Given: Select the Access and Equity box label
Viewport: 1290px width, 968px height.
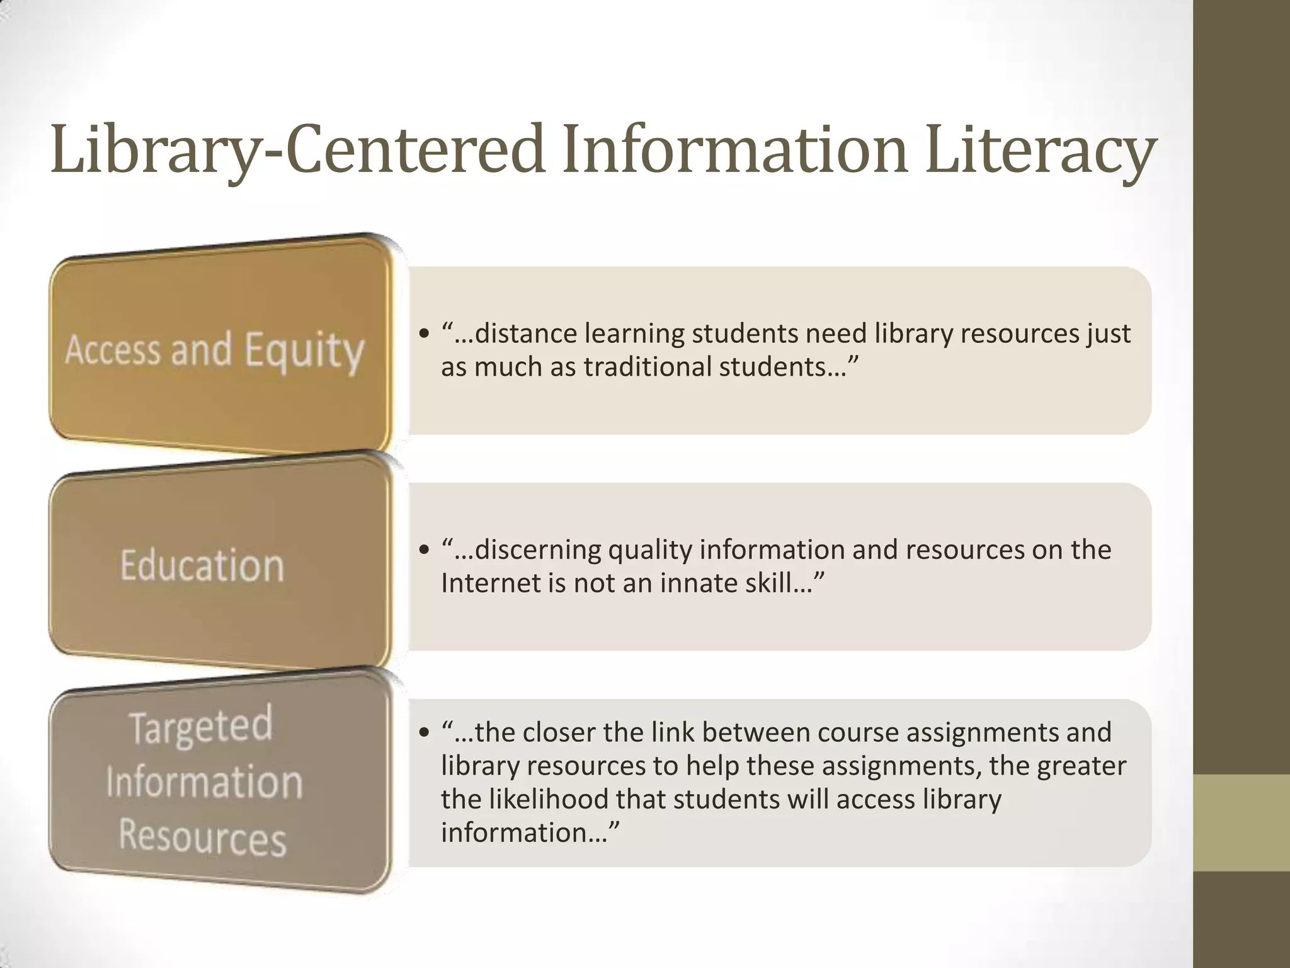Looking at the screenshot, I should coord(215,350).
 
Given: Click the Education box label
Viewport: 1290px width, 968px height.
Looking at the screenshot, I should coord(202,565).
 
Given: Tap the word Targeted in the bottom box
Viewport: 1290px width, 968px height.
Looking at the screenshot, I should coord(202,726).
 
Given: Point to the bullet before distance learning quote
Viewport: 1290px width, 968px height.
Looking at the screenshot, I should coord(424,333).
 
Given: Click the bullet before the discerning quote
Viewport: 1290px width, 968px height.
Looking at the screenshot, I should coord(424,550).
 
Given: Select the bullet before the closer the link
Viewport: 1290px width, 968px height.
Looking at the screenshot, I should coord(424,732).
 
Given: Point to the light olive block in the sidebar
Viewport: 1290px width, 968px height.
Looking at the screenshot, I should coord(1241,822).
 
